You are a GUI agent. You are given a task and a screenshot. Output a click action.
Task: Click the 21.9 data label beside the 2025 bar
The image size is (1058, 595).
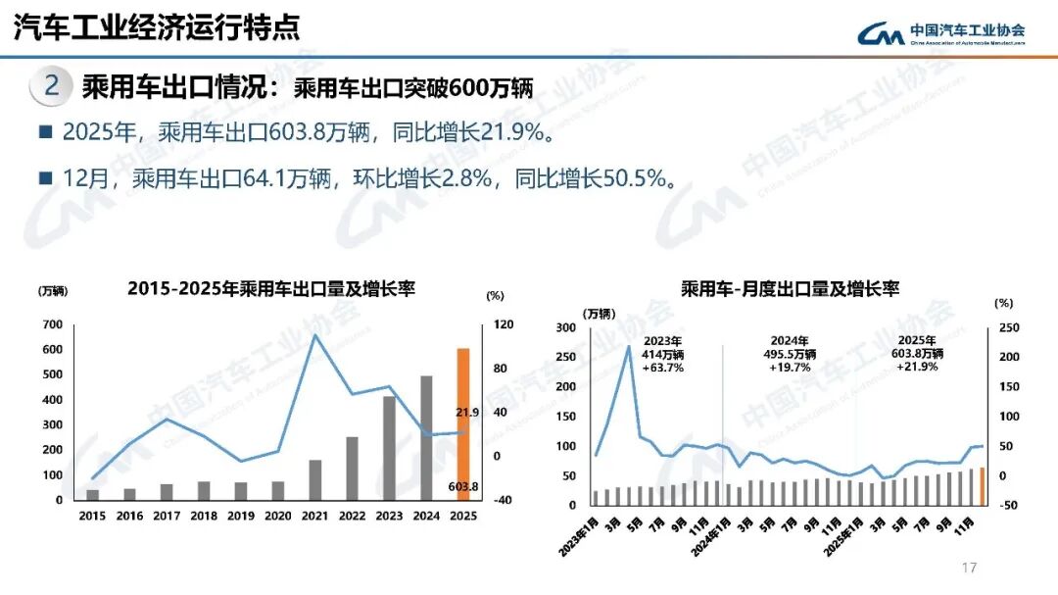[467, 413]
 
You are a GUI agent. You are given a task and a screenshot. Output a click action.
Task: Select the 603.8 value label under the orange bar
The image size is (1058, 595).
[463, 487]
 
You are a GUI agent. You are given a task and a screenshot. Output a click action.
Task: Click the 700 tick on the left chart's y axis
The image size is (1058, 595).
[52, 324]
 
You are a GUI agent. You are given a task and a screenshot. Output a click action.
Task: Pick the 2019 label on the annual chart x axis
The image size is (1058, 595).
[241, 516]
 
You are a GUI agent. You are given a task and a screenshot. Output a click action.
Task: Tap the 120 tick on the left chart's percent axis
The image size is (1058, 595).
[500, 324]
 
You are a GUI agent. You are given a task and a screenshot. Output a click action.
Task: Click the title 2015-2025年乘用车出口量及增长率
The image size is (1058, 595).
[271, 289]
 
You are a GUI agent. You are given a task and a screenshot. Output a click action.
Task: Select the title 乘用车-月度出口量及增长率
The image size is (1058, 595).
[791, 288]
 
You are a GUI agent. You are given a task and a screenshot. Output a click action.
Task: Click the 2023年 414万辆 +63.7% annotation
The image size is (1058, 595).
[663, 354]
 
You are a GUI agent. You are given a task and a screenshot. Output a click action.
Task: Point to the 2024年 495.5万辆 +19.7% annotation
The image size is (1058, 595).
[789, 354]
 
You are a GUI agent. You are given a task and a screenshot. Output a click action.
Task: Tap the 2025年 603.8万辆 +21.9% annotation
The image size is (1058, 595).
[917, 354]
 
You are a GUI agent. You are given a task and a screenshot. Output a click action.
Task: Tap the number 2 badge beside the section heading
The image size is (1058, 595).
[52, 86]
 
